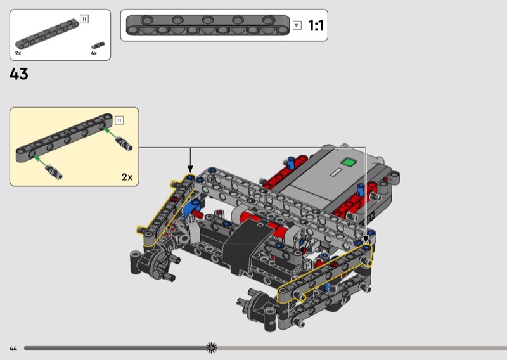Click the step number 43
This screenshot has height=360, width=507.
(x=19, y=74)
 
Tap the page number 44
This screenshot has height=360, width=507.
(x=13, y=349)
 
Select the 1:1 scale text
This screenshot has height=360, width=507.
(x=316, y=25)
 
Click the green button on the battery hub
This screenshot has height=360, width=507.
(x=349, y=162)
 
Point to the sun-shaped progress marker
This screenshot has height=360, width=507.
(x=212, y=348)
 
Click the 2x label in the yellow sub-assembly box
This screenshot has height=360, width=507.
(x=127, y=177)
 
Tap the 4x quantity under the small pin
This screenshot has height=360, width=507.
(x=94, y=53)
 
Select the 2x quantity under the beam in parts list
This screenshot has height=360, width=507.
(x=18, y=53)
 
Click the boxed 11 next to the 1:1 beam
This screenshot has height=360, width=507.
(x=297, y=25)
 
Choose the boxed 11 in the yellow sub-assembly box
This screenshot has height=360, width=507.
(x=119, y=120)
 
